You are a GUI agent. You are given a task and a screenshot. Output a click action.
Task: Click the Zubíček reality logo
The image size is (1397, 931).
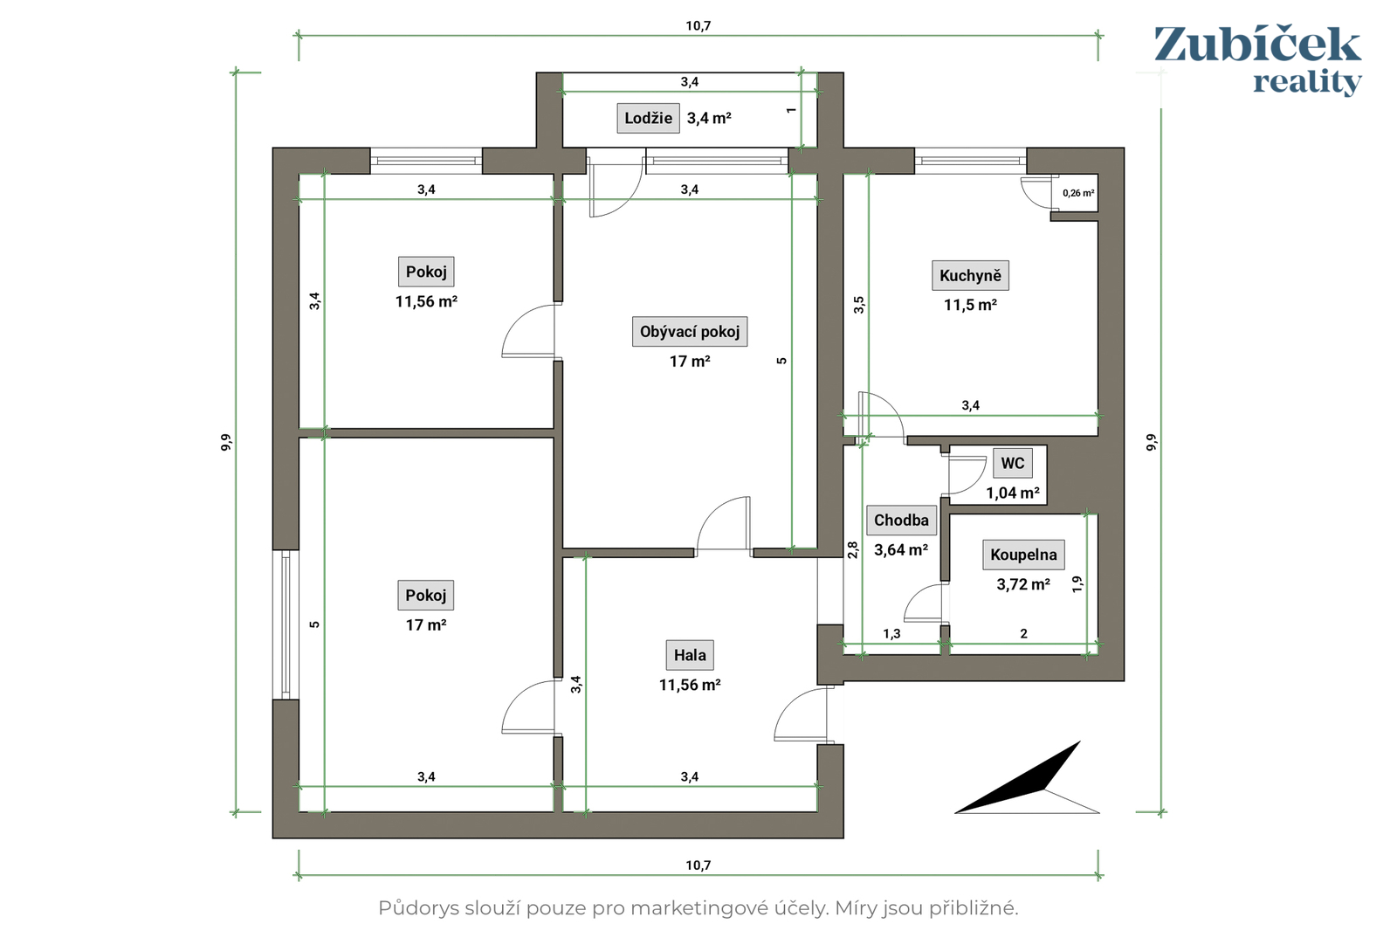coord(1257,60)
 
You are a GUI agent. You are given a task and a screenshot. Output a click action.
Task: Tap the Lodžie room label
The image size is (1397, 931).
coord(648,118)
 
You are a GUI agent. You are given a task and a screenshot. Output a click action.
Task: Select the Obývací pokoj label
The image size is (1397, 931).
coord(689,331)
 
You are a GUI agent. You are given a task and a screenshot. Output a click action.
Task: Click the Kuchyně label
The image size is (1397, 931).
coord(970,275)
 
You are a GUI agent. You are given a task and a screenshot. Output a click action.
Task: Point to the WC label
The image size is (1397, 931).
coord(1012,463)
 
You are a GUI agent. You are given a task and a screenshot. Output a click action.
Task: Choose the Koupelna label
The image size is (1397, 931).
coord(1023,555)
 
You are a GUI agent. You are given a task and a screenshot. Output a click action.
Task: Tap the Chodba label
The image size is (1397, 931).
coord(901,521)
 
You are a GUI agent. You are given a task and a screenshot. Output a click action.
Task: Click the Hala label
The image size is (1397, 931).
coord(690,655)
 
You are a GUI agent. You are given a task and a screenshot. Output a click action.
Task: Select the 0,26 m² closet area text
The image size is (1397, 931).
coord(1078,193)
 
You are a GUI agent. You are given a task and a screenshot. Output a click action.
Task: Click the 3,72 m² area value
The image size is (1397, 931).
coord(1022,584)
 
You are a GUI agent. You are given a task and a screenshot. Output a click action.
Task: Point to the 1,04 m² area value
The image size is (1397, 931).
coord(1012,493)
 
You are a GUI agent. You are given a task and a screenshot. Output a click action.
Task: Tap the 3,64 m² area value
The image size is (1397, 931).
coord(900,549)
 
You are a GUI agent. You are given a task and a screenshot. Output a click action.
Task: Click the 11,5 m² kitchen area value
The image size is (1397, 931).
coord(970,305)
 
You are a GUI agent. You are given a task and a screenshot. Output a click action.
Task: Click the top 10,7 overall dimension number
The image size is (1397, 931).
coord(698,25)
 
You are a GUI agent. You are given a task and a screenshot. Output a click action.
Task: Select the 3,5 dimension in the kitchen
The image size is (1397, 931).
coord(859,305)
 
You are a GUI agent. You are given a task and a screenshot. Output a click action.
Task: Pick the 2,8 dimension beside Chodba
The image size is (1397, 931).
coord(852,549)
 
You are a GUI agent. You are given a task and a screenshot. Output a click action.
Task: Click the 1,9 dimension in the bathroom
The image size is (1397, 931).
coord(1077,583)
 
